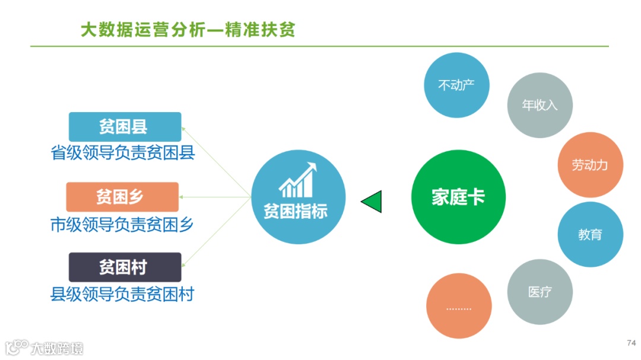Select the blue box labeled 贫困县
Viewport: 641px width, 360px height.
[x=125, y=126]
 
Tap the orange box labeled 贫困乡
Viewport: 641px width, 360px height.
[x=122, y=197]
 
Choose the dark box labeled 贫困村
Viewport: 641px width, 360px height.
[x=125, y=267]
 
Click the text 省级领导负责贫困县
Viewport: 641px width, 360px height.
[x=123, y=154]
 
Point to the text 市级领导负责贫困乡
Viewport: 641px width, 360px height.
[x=122, y=224]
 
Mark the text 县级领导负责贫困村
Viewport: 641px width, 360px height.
[x=122, y=294]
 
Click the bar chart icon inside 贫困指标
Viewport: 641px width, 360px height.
[x=297, y=181]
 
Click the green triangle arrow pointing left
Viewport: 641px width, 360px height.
[x=372, y=202]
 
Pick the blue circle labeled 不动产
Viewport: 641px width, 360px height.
[x=456, y=85]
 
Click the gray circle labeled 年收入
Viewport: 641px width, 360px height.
[x=540, y=106]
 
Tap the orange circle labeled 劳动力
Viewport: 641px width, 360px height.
[x=590, y=165]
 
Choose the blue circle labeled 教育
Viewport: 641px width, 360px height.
[x=590, y=234]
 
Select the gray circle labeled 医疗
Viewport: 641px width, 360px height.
[x=540, y=292]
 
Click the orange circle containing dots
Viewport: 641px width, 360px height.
[x=458, y=306]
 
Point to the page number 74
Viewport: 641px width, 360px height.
[x=631, y=343]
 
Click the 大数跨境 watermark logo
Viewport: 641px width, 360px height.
[x=45, y=347]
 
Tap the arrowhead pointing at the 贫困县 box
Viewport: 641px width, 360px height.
[x=183, y=128]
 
